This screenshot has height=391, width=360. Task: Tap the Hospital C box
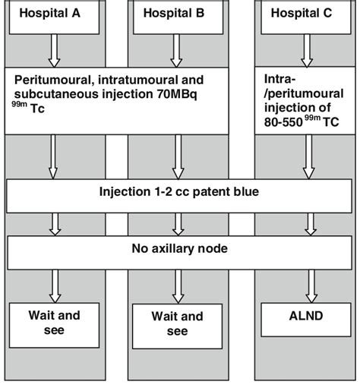tap(305, 16)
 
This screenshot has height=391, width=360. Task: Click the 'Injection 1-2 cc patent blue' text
tap(180, 193)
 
